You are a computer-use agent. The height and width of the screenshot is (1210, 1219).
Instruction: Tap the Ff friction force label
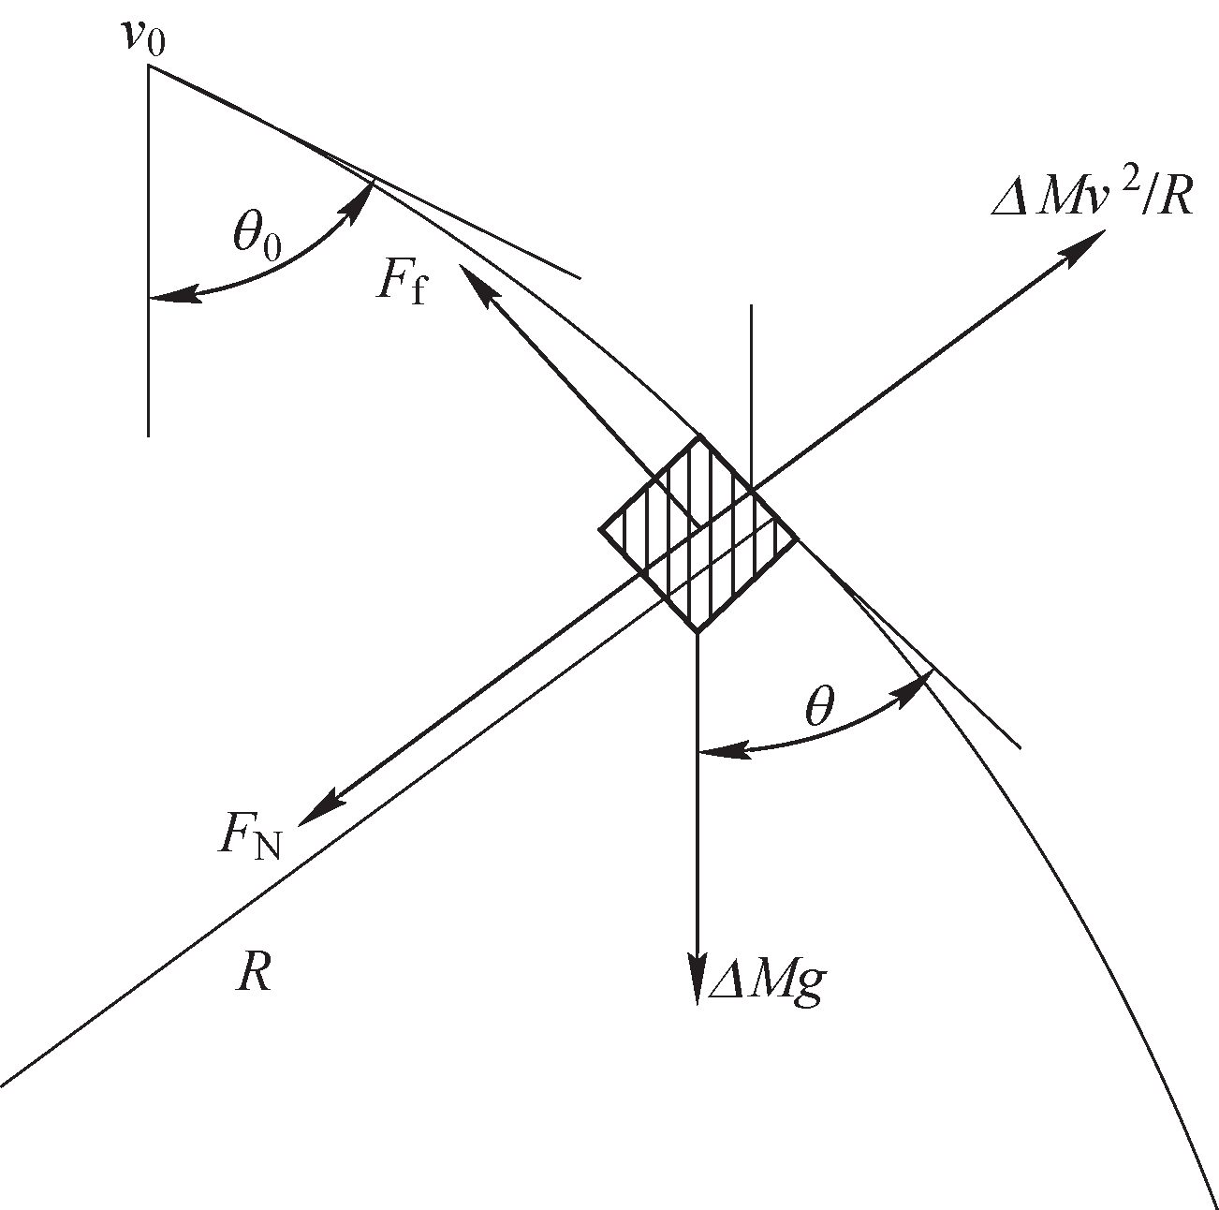(x=401, y=284)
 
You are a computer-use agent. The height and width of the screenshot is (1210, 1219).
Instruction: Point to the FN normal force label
(x=249, y=839)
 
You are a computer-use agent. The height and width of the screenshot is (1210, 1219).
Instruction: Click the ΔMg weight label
(x=767, y=984)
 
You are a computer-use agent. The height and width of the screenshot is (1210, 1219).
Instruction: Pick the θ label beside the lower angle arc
(x=820, y=705)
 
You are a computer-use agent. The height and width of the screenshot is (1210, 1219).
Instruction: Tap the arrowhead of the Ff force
(x=477, y=285)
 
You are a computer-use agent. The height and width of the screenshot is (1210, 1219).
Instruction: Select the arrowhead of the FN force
(x=319, y=808)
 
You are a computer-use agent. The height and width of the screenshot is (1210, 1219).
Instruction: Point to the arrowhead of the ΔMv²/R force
(x=1081, y=246)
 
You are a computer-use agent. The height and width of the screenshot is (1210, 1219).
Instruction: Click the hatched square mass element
(x=698, y=534)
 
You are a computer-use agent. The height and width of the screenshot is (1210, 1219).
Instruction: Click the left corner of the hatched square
(x=599, y=529)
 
